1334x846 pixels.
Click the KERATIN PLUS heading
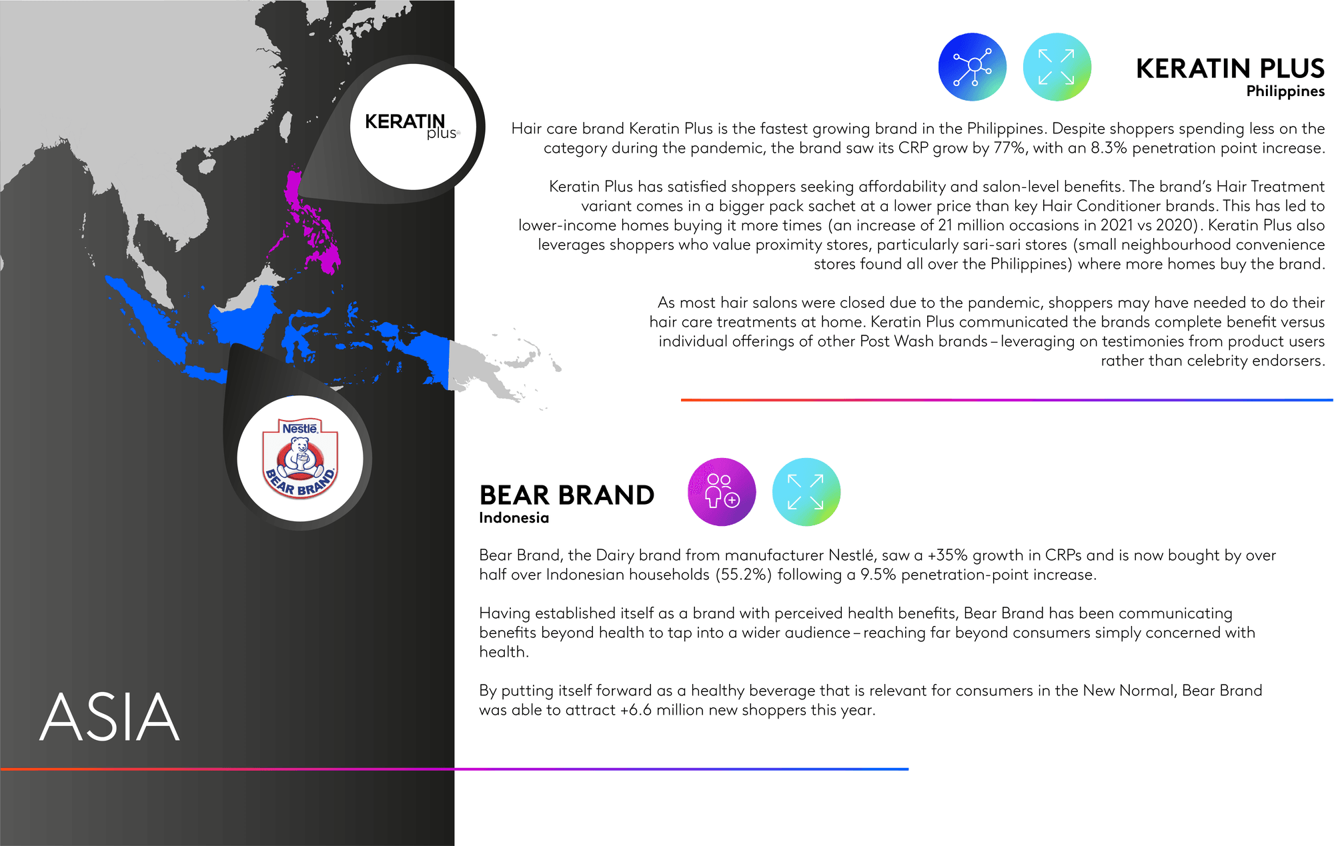(1230, 69)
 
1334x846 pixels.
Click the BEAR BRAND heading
(567, 495)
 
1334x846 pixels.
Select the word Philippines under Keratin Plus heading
(1285, 91)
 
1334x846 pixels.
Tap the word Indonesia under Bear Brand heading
(514, 517)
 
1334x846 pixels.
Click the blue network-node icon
(972, 67)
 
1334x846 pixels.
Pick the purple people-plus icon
(722, 492)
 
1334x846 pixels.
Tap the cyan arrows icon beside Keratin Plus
(1057, 67)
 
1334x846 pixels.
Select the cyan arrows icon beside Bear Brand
(806, 492)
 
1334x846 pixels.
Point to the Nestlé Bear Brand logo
(301, 459)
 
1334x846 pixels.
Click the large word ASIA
(110, 717)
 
